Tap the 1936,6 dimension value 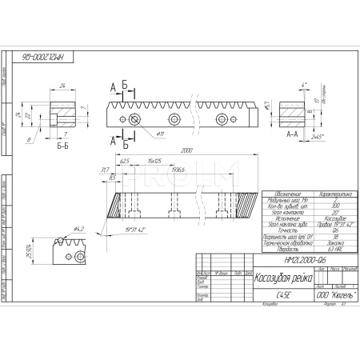[x=176, y=170]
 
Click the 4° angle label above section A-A [x=303, y=84]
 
